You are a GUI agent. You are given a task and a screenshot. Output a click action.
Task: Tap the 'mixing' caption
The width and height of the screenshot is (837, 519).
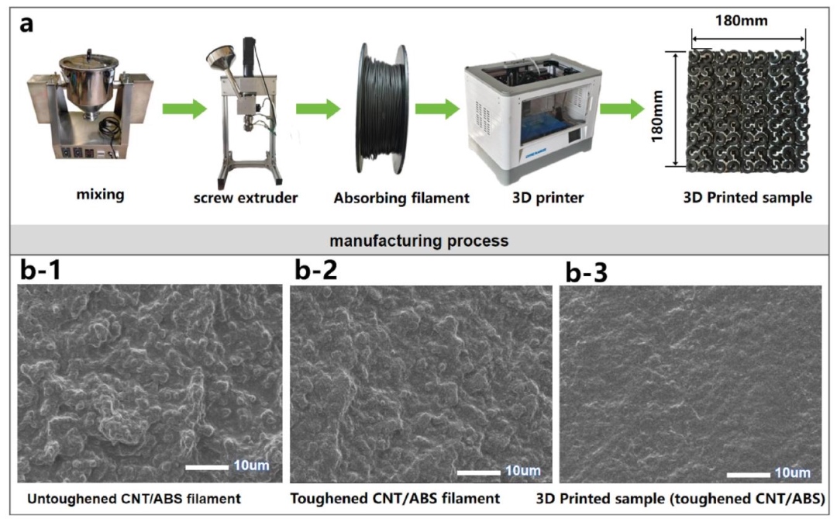coord(100,195)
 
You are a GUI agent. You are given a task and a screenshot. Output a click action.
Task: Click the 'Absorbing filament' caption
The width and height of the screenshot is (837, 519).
coord(401,198)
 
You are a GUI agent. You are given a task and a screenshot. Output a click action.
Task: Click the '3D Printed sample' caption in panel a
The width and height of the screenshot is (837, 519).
coord(747,198)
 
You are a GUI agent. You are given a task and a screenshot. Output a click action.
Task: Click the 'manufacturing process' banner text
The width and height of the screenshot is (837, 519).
coord(418,240)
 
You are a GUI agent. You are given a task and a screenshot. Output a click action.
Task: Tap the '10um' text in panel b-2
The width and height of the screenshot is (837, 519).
coord(522,471)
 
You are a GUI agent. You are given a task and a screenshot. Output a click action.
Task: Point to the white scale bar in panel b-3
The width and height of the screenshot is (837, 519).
coord(747,472)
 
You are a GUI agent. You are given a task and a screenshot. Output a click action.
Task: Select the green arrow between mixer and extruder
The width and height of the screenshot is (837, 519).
coord(184,108)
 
